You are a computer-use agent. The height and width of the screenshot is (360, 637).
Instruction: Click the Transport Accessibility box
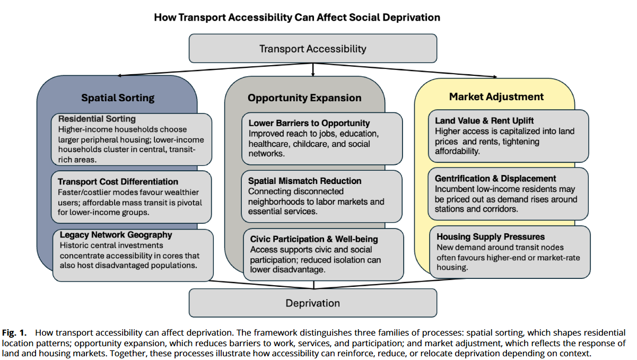point(313,48)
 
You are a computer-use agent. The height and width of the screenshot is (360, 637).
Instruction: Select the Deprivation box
point(313,303)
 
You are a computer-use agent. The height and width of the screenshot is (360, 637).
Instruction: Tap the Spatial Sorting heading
point(118,98)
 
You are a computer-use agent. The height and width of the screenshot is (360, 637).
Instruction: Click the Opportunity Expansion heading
point(304,98)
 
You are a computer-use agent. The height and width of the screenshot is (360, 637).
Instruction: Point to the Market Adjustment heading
point(496,96)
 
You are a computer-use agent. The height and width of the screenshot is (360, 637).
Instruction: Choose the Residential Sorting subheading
point(97,119)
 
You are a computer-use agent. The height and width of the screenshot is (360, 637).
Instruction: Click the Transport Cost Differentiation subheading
point(118,181)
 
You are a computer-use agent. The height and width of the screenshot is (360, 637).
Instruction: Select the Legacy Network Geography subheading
point(116,235)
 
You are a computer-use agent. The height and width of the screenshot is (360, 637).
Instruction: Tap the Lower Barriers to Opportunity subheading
point(309,123)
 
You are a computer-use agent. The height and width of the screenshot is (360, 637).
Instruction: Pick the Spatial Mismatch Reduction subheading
point(304,181)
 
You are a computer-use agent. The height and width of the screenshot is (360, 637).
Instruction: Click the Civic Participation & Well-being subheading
point(314,239)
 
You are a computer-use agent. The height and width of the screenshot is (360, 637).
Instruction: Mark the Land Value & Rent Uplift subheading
point(484,121)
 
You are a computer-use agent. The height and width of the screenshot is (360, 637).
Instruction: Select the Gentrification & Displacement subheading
point(495,179)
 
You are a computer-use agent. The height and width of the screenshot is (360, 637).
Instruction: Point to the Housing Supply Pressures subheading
point(491,236)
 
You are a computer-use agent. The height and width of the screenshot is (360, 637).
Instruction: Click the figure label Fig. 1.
point(14,333)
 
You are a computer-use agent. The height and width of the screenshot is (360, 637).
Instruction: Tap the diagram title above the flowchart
point(297,17)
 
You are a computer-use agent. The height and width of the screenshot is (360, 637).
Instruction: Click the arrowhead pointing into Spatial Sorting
point(119,76)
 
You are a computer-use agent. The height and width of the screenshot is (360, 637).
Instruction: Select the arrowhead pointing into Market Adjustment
point(495,77)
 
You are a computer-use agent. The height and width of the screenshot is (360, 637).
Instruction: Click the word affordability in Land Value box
point(457,151)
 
